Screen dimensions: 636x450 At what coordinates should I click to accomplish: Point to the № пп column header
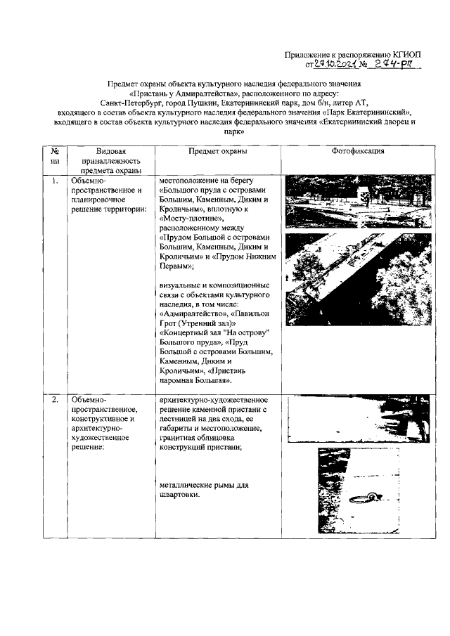click(x=55, y=156)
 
